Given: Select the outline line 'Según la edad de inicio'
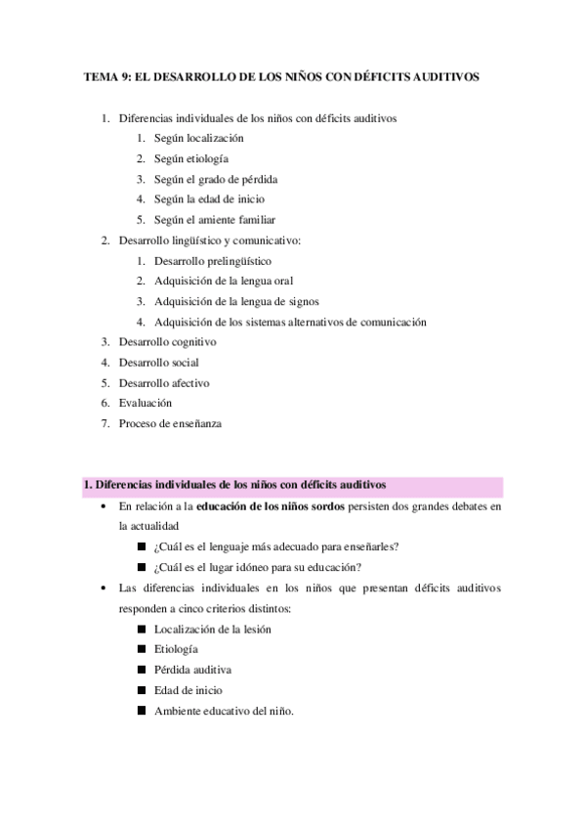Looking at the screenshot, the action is [x=209, y=199].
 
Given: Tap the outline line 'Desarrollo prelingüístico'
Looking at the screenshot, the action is [x=212, y=261].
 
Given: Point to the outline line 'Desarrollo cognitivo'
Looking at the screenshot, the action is [x=167, y=342].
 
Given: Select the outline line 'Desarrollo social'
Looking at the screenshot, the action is [x=158, y=363].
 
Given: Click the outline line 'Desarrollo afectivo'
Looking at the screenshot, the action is [x=163, y=383].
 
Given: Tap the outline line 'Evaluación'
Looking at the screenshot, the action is [x=145, y=403].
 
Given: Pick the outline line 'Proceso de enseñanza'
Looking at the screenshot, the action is [x=170, y=423].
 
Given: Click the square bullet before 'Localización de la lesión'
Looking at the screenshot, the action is [x=142, y=629].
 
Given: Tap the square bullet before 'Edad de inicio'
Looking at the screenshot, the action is [x=142, y=690].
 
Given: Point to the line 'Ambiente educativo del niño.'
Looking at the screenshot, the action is [x=224, y=711].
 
